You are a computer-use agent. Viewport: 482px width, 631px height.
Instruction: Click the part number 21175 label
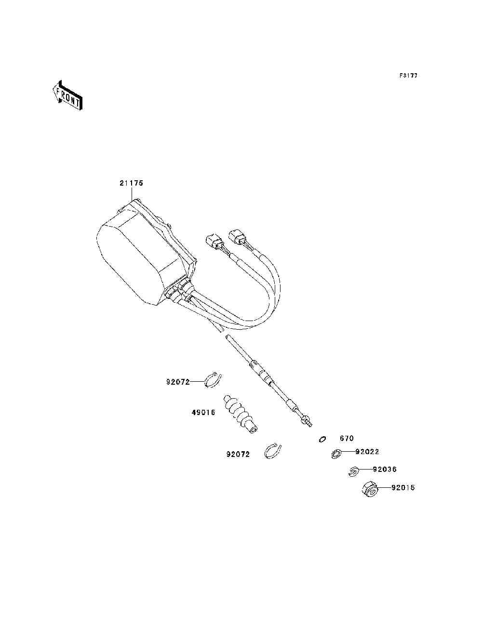pos(131,183)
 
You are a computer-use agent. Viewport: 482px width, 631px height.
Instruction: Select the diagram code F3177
pos(408,76)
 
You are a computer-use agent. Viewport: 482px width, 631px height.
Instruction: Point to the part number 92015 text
pos(402,487)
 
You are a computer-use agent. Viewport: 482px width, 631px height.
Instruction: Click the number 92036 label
pos(385,469)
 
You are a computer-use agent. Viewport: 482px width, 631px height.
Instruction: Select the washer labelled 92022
pos(336,453)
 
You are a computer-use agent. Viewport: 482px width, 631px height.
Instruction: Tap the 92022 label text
pos(367,452)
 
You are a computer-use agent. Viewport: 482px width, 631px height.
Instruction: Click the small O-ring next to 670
pos(322,439)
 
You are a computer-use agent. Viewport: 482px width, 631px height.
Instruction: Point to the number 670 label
pos(347,439)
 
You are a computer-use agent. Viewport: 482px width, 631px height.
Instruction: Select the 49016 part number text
pos(203,413)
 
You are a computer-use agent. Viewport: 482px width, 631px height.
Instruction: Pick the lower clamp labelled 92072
pos(273,451)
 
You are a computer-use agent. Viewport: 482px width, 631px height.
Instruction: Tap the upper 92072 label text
pos(178,382)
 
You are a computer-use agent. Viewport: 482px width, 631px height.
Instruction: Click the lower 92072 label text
pos(238,454)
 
